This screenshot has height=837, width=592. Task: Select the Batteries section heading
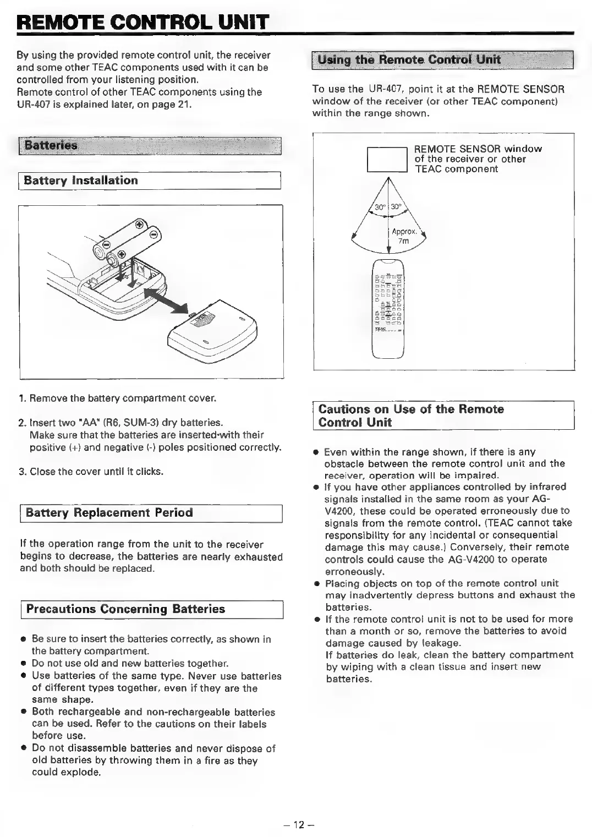tap(51, 146)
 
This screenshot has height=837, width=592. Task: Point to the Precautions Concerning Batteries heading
tap(125, 609)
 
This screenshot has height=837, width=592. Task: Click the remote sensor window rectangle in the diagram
tap(387, 160)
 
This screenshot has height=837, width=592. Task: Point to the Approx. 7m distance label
tap(404, 236)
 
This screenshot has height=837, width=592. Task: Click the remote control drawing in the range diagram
tap(388, 308)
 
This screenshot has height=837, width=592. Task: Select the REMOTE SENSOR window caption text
tap(478, 159)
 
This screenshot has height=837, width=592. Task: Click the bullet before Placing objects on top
tap(317, 584)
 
